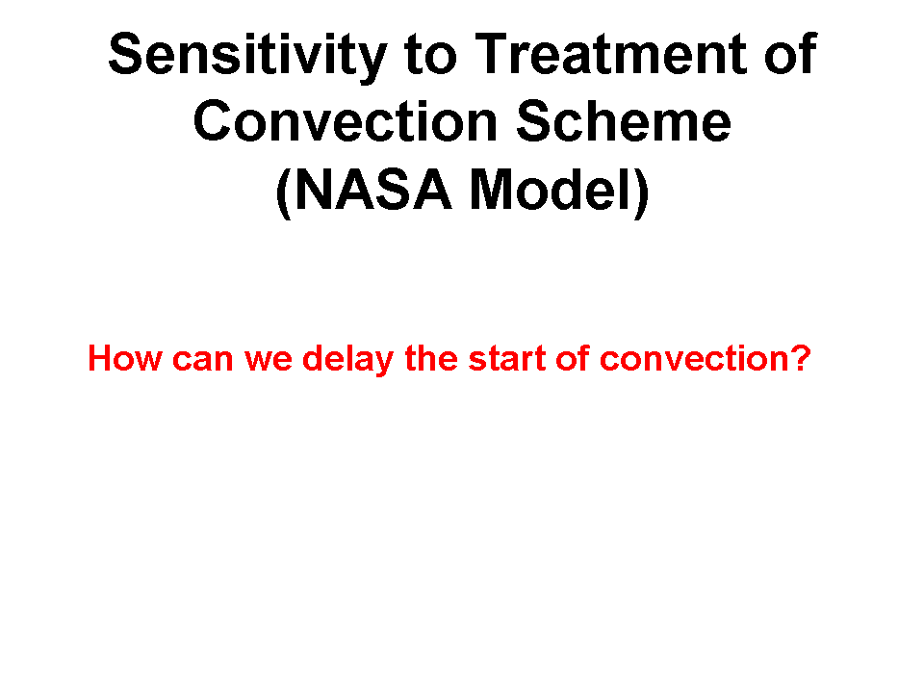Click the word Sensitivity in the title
pos(248,57)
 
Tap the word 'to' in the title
pos(430,56)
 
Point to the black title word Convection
pos(346,121)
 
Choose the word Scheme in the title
pos(624,120)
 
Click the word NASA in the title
pos(373,189)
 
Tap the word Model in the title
pos(551,189)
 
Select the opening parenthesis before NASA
pos(283,193)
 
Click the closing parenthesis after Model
pos(642,193)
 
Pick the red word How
pos(125,358)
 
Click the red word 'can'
pos(203,361)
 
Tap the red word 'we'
pos(269,361)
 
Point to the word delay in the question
pos(347,359)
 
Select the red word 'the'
pos(431,358)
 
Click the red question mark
pos(799,358)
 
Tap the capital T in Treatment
pos(492,54)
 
